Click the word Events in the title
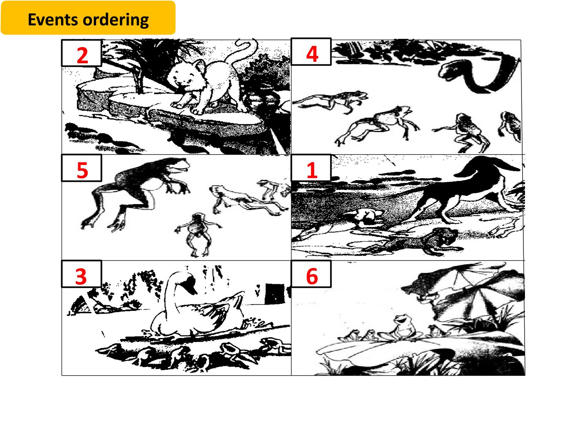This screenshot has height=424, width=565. pos(53,19)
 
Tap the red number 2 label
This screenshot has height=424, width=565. pos(82,56)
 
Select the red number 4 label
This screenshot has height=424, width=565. pos(312,54)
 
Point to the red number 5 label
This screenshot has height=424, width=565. pos(82,170)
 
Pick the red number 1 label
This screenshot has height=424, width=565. pos(312,170)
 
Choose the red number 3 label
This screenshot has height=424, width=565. pos(81,276)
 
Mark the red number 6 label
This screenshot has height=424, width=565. pos(312,276)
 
